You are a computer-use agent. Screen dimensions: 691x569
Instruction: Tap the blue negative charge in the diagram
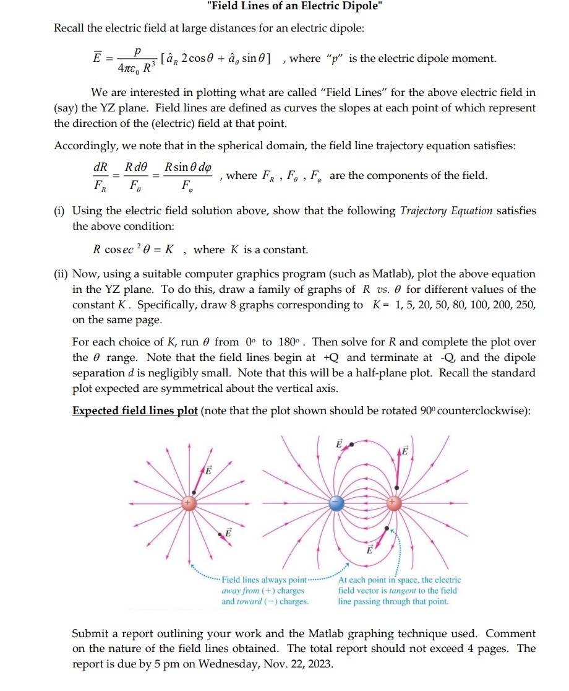(336, 503)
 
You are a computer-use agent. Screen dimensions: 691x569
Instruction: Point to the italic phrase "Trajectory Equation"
(446, 211)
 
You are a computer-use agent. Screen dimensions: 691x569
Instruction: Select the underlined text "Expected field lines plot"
(135, 411)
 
